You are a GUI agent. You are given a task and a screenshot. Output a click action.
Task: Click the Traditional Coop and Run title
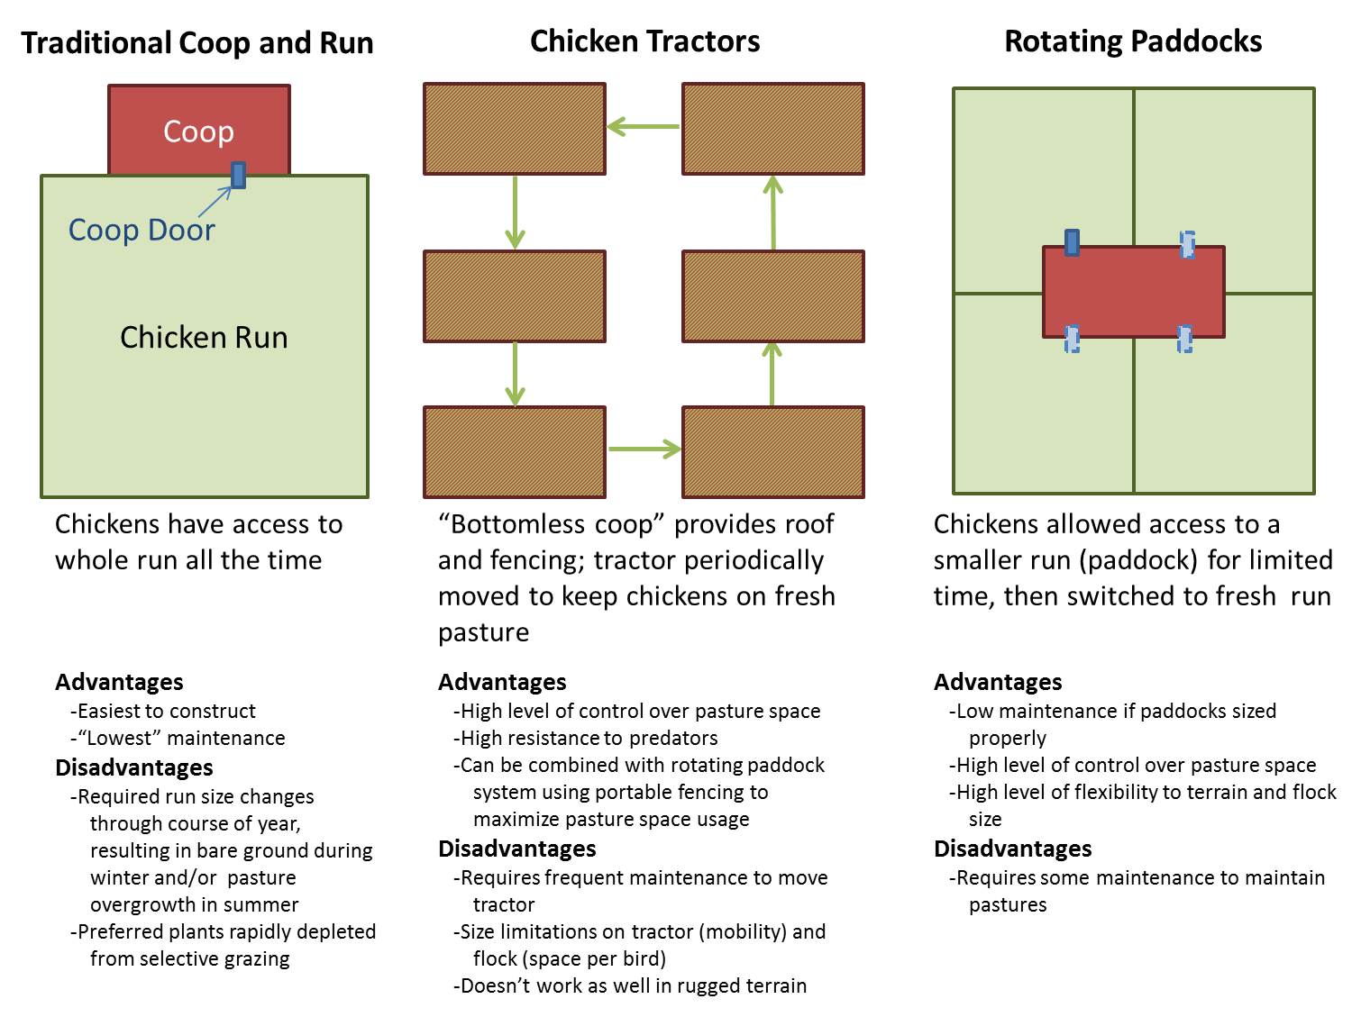(197, 43)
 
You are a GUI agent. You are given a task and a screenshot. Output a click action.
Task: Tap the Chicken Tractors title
(644, 41)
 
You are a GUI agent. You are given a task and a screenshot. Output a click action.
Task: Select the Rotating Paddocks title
(1133, 41)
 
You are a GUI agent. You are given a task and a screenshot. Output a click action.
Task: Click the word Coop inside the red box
(198, 132)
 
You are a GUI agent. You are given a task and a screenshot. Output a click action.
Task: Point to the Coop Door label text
(142, 231)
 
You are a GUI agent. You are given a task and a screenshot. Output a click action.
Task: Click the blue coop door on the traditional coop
(238, 175)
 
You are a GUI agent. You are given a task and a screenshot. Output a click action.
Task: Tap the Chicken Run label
(204, 338)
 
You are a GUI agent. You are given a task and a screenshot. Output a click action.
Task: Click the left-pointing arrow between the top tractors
(644, 127)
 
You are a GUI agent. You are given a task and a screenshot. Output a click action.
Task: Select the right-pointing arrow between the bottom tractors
(644, 449)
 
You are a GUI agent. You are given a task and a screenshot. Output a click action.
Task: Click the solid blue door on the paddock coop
(1072, 242)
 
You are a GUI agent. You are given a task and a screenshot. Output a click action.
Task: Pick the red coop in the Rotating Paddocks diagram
(1133, 292)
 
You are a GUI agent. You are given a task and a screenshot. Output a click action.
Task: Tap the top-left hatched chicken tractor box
(515, 129)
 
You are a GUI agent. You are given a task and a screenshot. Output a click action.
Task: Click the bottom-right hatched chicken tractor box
(772, 452)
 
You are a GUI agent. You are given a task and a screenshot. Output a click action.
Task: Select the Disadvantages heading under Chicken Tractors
(516, 849)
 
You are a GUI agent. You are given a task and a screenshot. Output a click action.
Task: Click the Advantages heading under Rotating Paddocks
(998, 682)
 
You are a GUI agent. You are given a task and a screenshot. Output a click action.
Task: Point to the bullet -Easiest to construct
(163, 712)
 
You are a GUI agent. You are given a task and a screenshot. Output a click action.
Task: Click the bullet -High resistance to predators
(586, 739)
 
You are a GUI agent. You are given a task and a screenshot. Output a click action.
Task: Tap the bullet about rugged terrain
(630, 986)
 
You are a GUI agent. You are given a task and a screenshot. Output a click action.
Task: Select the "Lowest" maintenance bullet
(178, 739)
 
